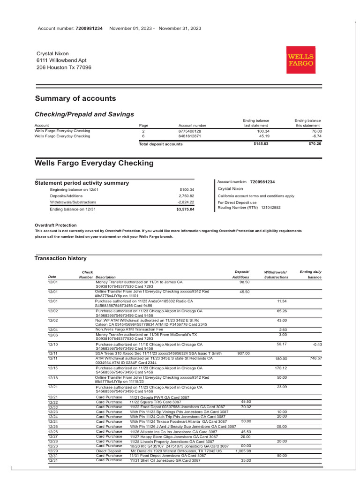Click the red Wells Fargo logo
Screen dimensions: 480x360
coord(301,60)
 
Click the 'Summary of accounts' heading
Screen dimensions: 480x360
coord(75,98)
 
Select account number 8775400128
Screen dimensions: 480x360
coord(189,131)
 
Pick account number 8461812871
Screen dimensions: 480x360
coord(189,136)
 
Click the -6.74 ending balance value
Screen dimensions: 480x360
coord(316,136)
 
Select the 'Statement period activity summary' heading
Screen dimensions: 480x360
coord(82,183)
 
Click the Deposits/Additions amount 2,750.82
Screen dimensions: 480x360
coord(186,196)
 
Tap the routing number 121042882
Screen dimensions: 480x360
coord(270,207)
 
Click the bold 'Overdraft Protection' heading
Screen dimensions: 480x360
coord(56,225)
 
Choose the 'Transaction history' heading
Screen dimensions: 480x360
coord(60,258)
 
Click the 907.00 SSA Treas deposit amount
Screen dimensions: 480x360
coord(243,353)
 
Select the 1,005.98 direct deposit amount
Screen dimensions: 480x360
coord(243,451)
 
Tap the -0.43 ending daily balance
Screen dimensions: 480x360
coord(317,345)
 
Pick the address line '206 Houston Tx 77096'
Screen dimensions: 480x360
coord(64,67)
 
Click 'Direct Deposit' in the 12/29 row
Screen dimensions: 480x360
coord(108,451)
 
